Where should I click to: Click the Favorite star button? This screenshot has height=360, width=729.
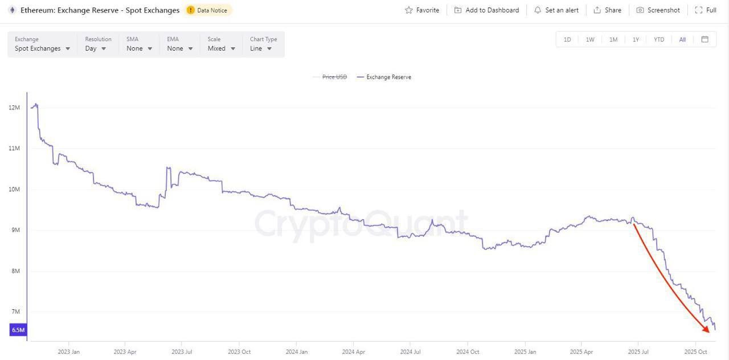[x=422, y=10]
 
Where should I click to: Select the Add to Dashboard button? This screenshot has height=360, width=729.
[x=487, y=10]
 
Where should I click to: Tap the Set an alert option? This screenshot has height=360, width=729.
[x=556, y=10]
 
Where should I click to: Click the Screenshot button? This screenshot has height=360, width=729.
[x=658, y=10]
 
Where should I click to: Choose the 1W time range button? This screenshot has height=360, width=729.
[x=590, y=39]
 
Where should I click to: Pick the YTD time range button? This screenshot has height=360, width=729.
[x=659, y=39]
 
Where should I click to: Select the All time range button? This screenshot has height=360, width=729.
[x=682, y=39]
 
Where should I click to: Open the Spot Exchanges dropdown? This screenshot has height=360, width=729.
[x=43, y=48]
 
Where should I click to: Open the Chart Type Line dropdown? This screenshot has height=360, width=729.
[x=261, y=48]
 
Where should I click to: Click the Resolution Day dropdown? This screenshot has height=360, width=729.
[x=96, y=48]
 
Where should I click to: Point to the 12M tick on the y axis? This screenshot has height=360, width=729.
[x=14, y=108]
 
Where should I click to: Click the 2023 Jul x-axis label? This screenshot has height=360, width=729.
[x=182, y=351]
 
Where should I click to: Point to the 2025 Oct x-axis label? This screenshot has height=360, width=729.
[x=695, y=351]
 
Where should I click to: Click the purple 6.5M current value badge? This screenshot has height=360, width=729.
[x=18, y=330]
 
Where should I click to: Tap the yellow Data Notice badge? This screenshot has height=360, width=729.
[x=208, y=10]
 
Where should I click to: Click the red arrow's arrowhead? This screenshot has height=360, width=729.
[x=706, y=329]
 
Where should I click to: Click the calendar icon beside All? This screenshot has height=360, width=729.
[x=705, y=39]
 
